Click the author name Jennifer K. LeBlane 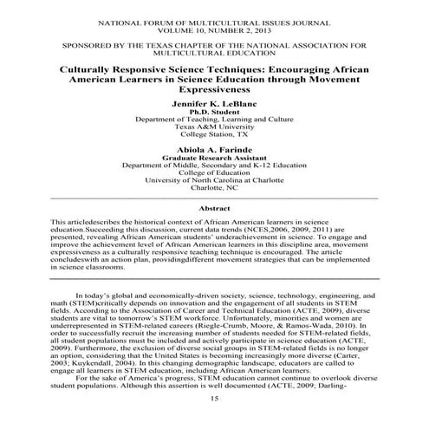click(x=214, y=102)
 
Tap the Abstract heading click(x=214, y=209)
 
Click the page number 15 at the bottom click(x=214, y=421)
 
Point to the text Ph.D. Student click(x=214, y=111)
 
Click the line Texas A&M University click(x=214, y=127)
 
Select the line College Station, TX click(x=214, y=135)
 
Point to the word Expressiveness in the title click(x=214, y=88)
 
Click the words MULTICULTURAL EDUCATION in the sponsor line click(x=214, y=49)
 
